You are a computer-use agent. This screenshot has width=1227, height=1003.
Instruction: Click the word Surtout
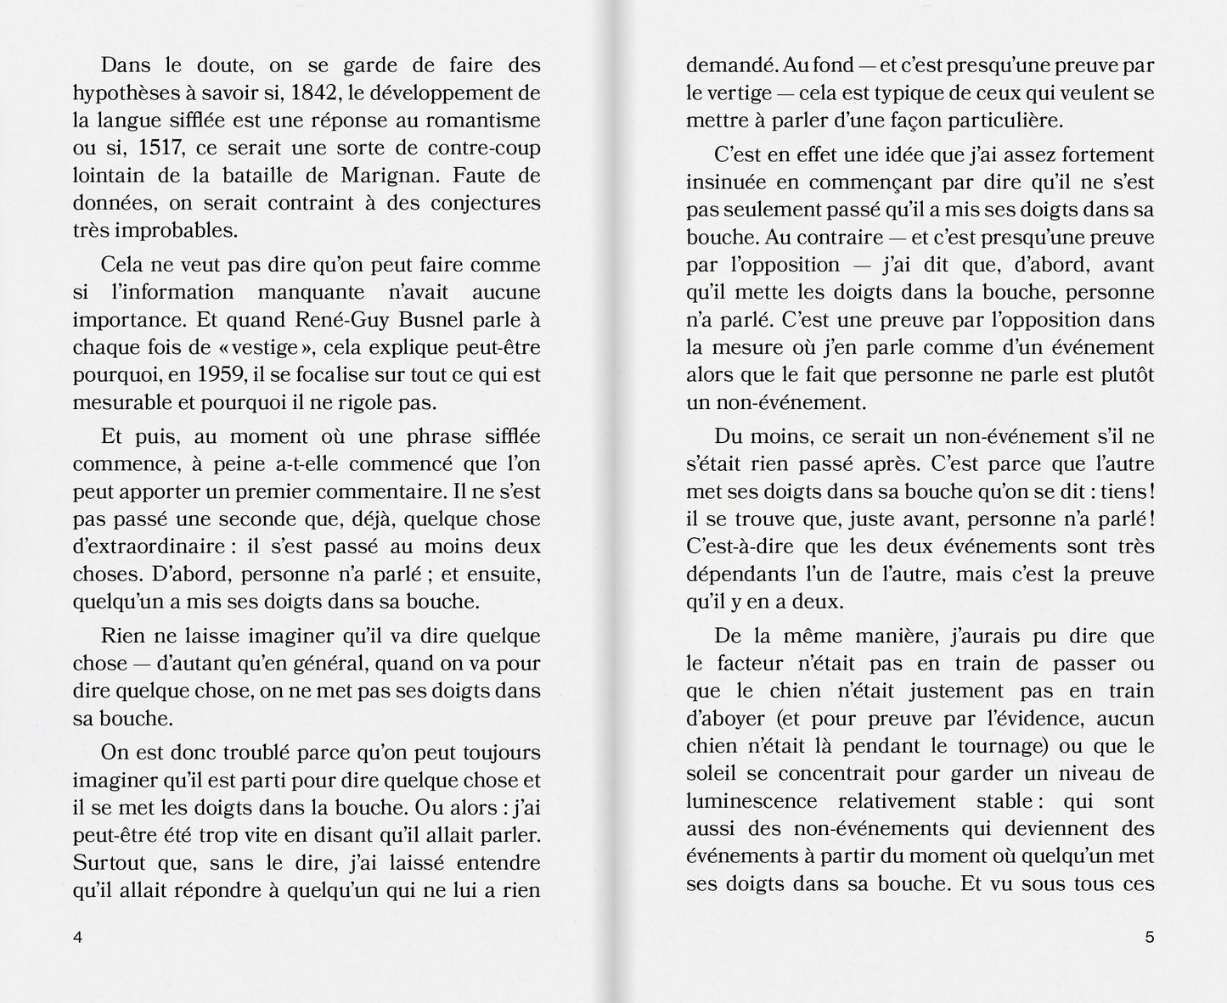click(x=111, y=863)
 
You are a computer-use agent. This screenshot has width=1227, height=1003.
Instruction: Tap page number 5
click(x=1150, y=938)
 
